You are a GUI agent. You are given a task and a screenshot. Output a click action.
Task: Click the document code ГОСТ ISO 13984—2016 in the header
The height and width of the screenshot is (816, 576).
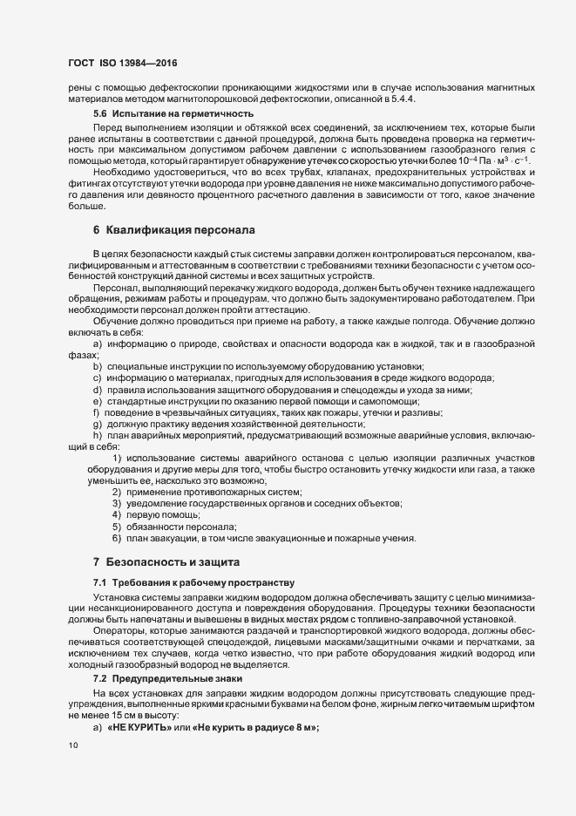click(124, 64)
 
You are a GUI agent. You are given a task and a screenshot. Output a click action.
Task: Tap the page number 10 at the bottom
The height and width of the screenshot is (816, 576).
click(72, 746)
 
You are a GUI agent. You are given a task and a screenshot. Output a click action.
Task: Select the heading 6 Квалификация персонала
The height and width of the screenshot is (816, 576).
click(173, 231)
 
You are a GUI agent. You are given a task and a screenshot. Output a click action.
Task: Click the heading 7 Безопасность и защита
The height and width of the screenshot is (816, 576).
click(165, 562)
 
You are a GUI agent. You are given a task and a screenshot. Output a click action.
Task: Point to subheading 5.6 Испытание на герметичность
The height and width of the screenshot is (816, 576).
click(148, 113)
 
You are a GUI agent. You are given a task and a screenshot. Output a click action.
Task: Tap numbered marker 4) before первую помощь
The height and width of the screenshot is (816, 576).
click(116, 514)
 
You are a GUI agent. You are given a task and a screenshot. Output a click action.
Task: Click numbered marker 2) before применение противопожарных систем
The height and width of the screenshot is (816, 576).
click(116, 492)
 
